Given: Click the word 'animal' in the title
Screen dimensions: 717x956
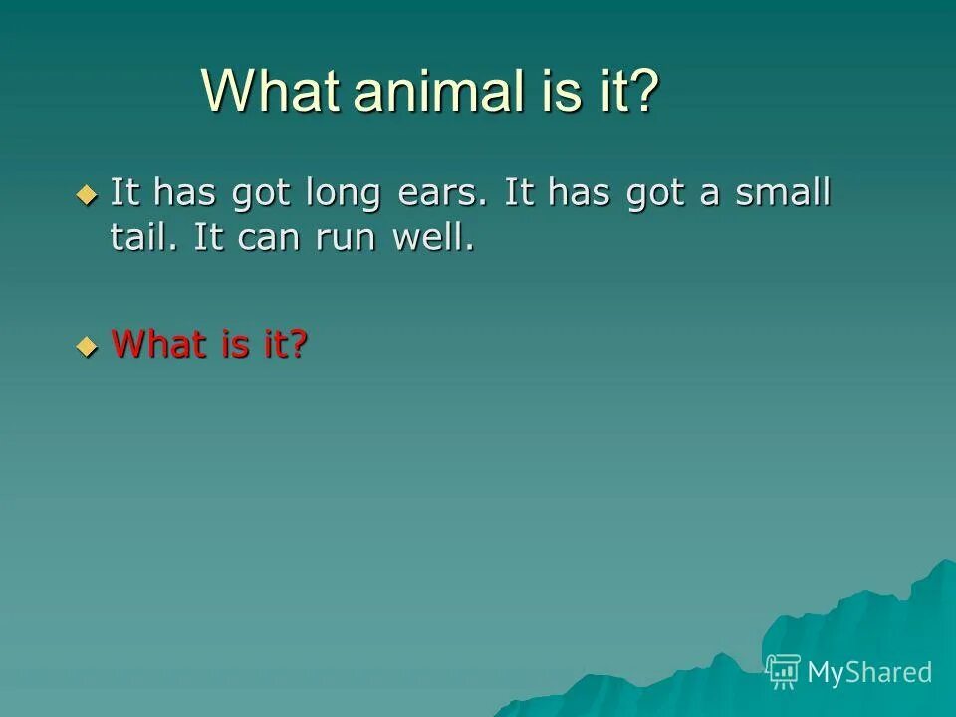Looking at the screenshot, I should point(438,92).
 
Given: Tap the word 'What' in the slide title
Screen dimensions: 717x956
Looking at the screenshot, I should point(269,92).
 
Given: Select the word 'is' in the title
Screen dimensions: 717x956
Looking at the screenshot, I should point(566,92).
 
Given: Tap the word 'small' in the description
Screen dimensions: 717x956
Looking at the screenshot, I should point(782,193).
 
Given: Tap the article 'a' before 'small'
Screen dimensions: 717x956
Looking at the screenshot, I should point(709,193).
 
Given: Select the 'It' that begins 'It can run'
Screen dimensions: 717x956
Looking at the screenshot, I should point(208,240).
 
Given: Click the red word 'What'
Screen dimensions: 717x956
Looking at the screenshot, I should point(154,345).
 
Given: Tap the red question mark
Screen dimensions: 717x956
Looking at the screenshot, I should point(297,345).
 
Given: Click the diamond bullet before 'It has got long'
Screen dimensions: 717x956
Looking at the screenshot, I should point(88,193).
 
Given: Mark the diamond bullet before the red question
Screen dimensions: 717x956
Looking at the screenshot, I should point(88,346).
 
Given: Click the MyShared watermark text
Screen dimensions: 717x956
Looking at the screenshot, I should point(868,672).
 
